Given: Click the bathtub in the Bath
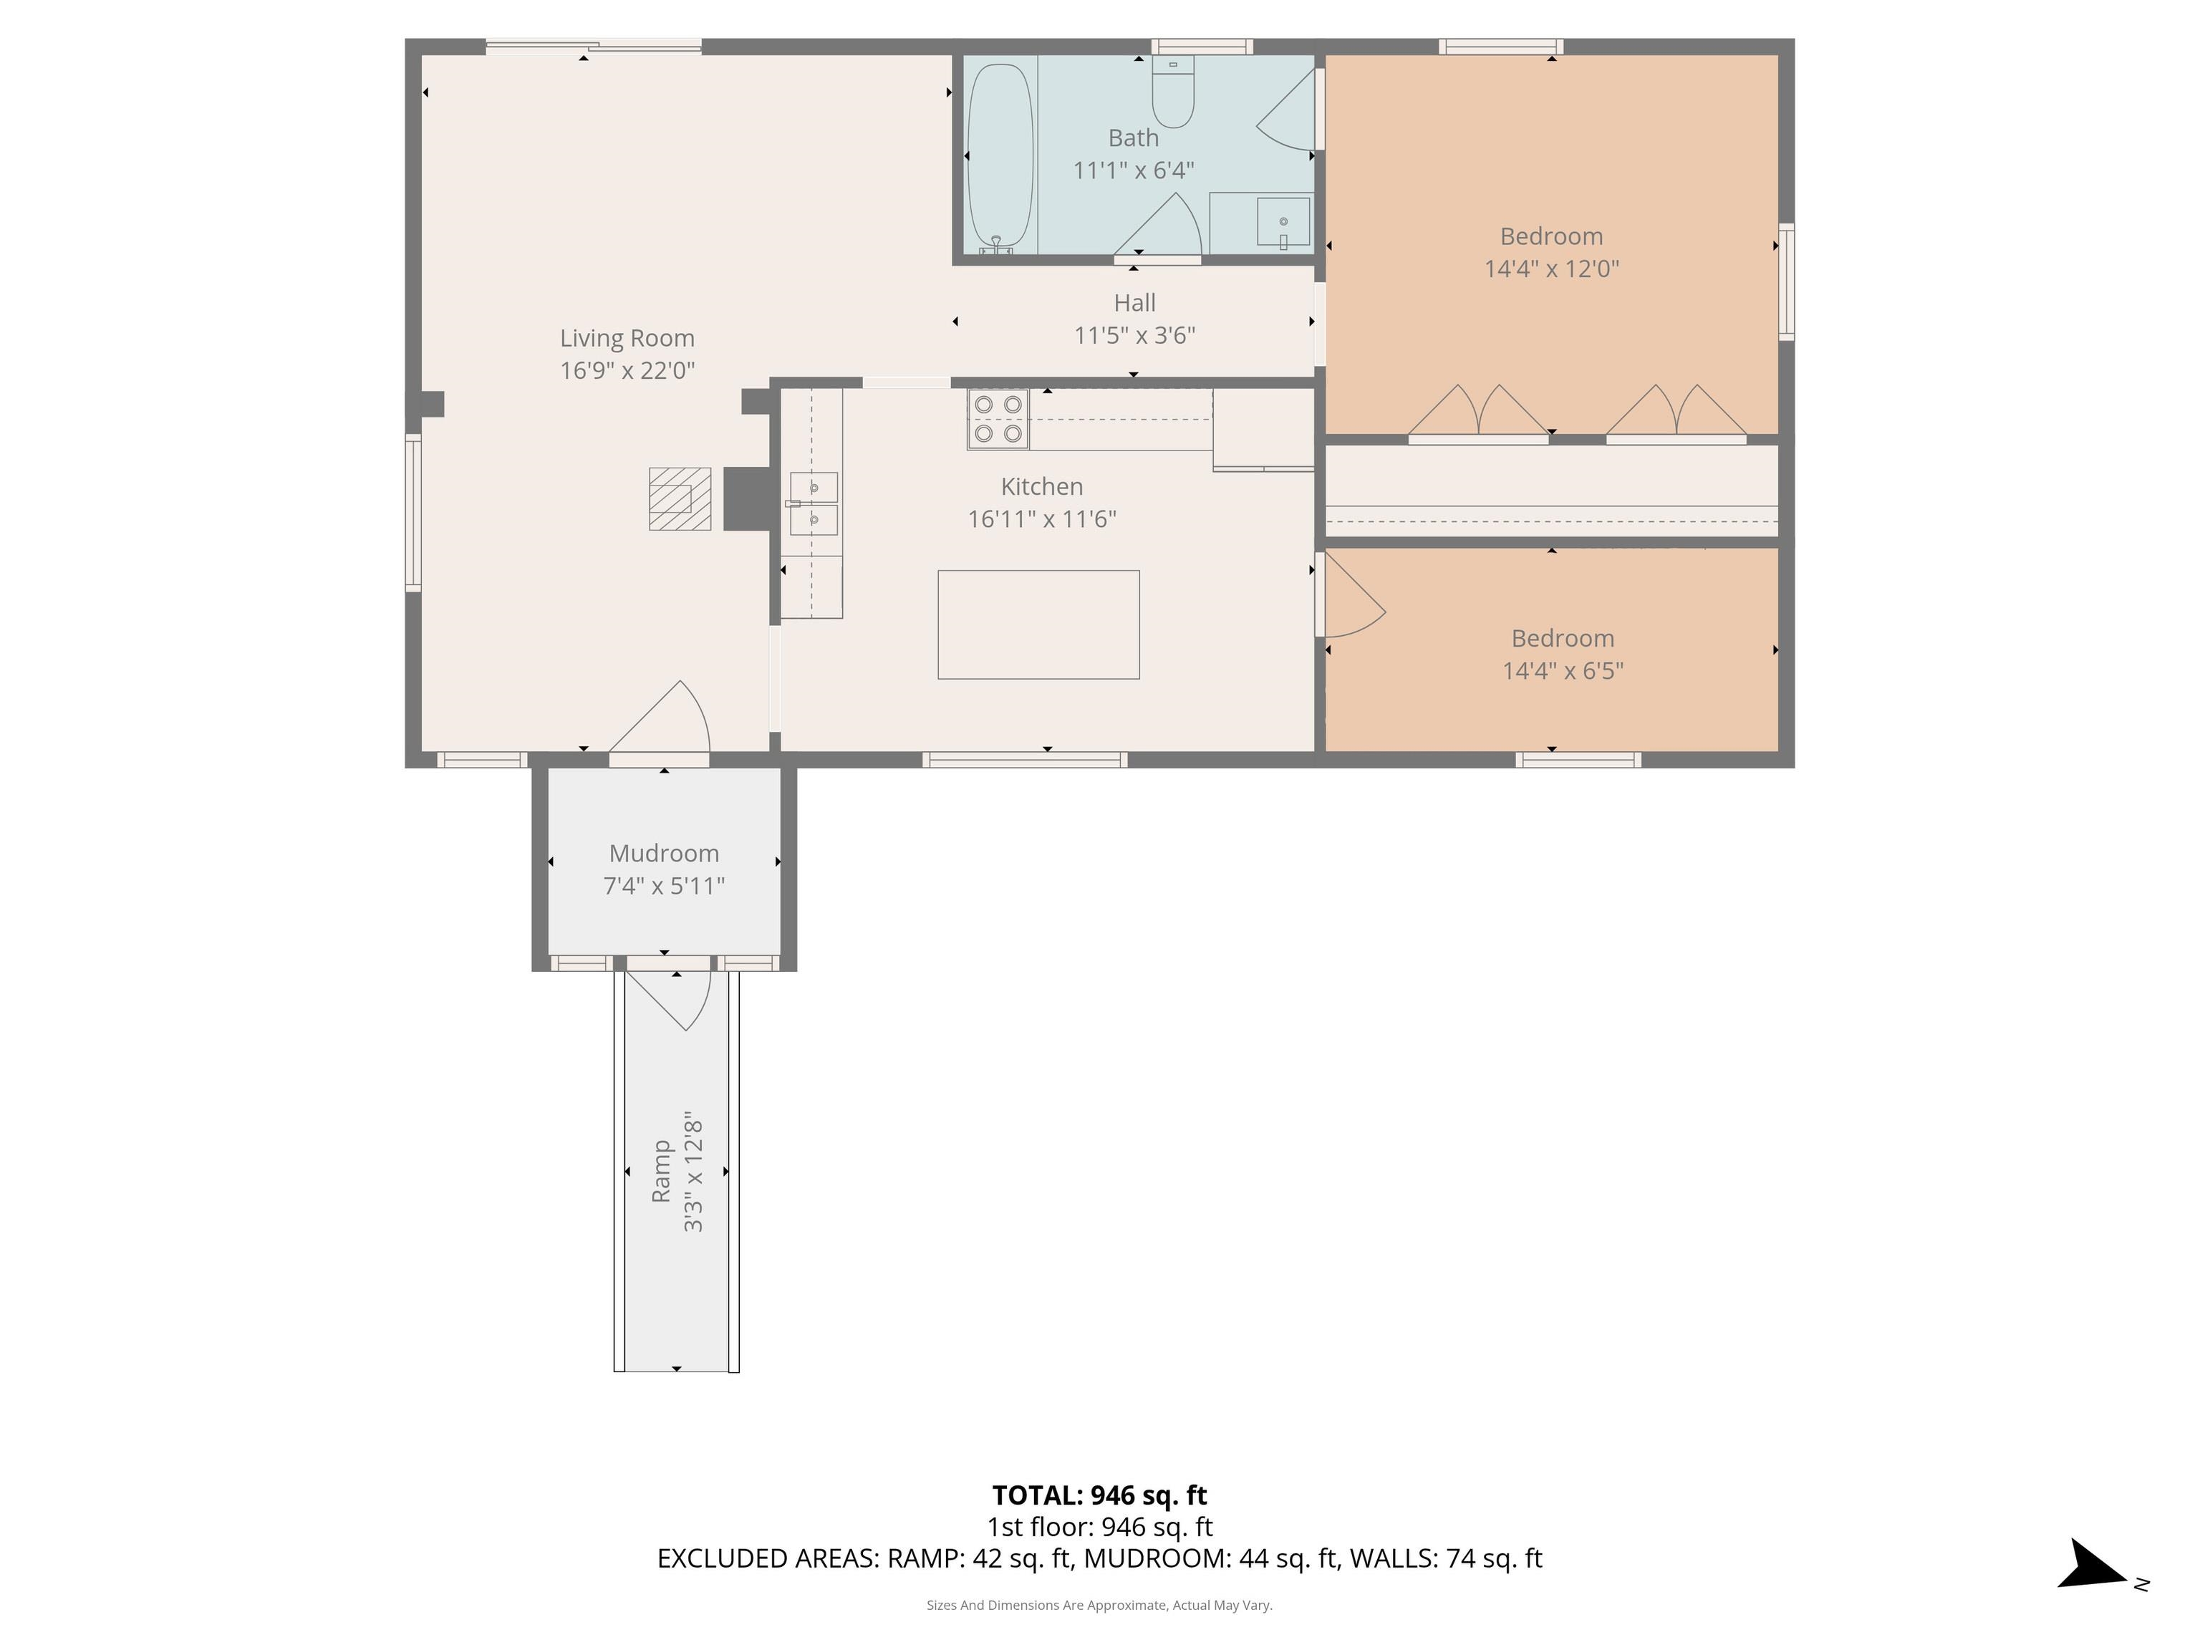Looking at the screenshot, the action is [x=1000, y=157].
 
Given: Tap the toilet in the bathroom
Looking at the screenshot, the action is [x=1174, y=92].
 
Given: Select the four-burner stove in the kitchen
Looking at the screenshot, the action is [x=998, y=419].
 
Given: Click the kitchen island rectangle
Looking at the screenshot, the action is [x=1038, y=624].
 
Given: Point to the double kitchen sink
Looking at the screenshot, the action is [x=814, y=504].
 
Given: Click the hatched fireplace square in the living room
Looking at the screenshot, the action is [x=680, y=499].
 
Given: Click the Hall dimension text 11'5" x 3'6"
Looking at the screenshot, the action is [x=1135, y=335].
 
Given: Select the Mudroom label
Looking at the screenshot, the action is [x=665, y=854].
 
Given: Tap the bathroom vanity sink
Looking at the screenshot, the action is [x=1283, y=222].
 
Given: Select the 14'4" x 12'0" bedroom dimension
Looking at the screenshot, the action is [x=1552, y=269].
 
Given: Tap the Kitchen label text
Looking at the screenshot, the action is [x=1041, y=486].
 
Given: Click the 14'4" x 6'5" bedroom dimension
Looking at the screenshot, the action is [x=1563, y=670].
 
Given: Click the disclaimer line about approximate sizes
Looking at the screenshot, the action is [x=1099, y=1606].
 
